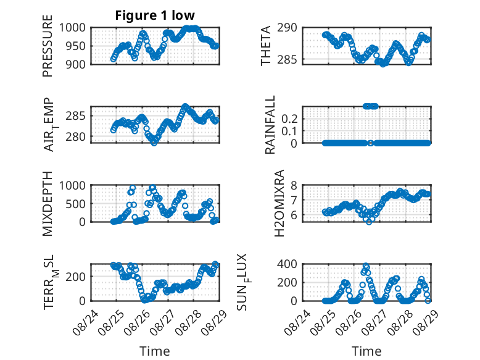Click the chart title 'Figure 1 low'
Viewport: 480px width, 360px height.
[155, 15]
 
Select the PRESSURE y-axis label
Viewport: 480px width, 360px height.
[48, 46]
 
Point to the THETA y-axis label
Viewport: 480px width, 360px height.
[266, 46]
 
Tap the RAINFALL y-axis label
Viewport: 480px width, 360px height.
[270, 124]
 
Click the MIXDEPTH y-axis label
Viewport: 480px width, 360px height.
[48, 203]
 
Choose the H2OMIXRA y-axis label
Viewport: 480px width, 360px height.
[279, 203]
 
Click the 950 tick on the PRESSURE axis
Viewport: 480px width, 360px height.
[76, 46]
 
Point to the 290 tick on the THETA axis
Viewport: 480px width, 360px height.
[288, 28]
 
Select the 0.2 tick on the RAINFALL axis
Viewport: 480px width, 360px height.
[289, 119]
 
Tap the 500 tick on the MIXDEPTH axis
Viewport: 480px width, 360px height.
[76, 204]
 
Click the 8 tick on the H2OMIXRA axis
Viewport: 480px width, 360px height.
[294, 185]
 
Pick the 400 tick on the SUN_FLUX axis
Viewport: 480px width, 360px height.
[288, 264]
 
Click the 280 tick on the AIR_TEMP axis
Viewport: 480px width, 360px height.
[76, 136]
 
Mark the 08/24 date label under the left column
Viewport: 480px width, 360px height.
[85, 322]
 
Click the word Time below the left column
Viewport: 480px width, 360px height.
[155, 351]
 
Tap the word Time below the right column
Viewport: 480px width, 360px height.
[366, 351]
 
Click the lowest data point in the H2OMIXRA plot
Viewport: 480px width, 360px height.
[369, 222]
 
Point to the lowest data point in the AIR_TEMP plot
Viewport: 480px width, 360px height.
[154, 143]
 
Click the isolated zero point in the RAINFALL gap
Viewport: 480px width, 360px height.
[370, 143]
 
